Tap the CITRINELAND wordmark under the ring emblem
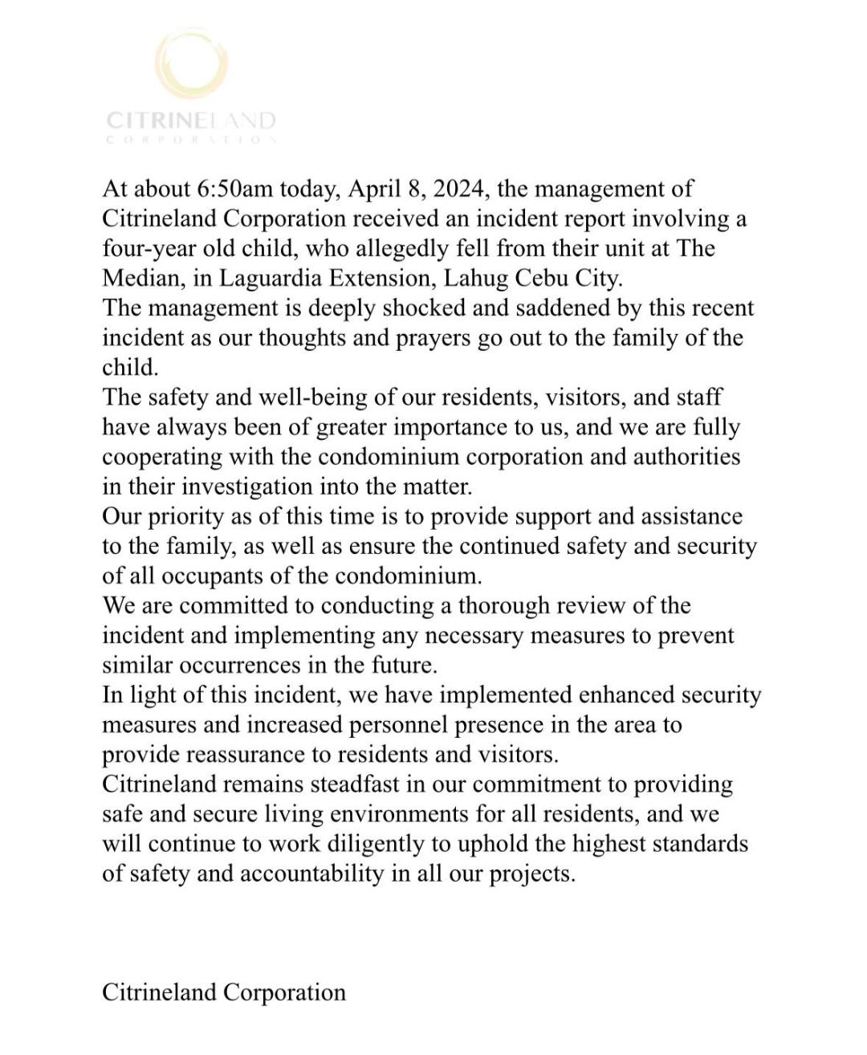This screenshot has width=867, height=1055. (x=191, y=121)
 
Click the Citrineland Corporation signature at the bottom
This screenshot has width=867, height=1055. (x=224, y=992)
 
